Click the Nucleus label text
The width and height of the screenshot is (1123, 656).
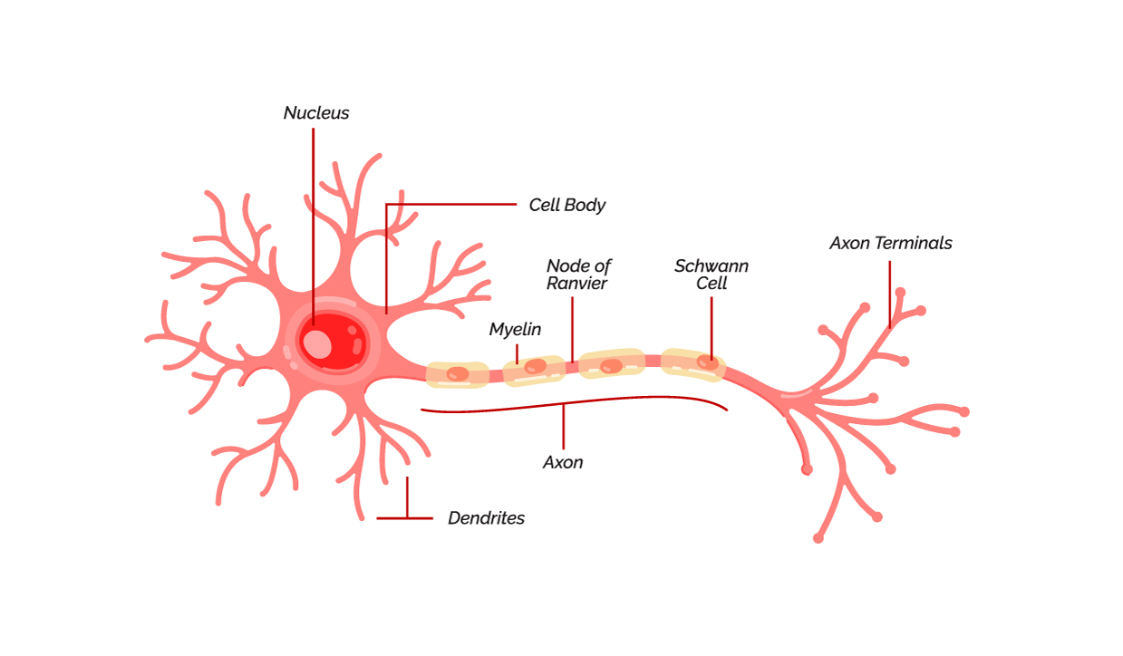click(x=315, y=113)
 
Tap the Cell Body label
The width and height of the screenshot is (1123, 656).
click(x=566, y=205)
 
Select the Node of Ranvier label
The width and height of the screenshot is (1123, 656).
click(x=577, y=274)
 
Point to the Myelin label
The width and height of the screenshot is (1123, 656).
click(x=515, y=330)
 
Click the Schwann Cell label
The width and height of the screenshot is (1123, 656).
click(x=712, y=274)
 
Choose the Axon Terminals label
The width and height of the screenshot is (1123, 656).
click(x=890, y=243)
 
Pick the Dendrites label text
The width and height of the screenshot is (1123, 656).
click(x=486, y=518)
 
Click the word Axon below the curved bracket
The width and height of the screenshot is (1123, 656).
click(x=563, y=462)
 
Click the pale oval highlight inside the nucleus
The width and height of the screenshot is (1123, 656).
click(x=317, y=343)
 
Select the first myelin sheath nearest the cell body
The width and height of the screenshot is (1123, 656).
click(x=458, y=374)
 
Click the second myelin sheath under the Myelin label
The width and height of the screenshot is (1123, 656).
click(x=534, y=368)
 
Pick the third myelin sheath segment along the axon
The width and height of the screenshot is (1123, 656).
click(x=612, y=364)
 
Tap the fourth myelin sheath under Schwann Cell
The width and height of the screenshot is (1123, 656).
click(x=692, y=362)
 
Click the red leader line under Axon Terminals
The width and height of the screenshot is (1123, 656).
click(x=890, y=290)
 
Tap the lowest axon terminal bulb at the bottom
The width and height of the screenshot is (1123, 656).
click(x=818, y=538)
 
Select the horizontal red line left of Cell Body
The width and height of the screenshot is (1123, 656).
click(x=453, y=204)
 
